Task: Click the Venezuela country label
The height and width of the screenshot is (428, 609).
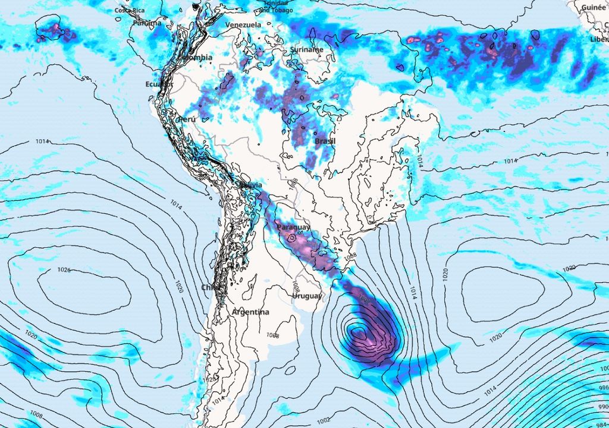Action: (x=243, y=25)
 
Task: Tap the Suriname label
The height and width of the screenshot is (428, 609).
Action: (x=307, y=50)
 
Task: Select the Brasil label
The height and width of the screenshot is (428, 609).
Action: (x=325, y=141)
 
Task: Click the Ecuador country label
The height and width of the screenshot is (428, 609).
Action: (x=158, y=84)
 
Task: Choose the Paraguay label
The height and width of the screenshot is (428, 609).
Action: (x=293, y=228)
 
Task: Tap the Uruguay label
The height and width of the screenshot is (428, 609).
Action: (x=307, y=296)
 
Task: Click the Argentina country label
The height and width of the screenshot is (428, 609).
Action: (x=250, y=312)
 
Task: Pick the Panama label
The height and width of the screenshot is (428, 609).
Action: (x=146, y=23)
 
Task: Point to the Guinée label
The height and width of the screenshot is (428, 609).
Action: (x=593, y=7)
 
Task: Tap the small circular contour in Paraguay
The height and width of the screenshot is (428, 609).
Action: (x=292, y=238)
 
